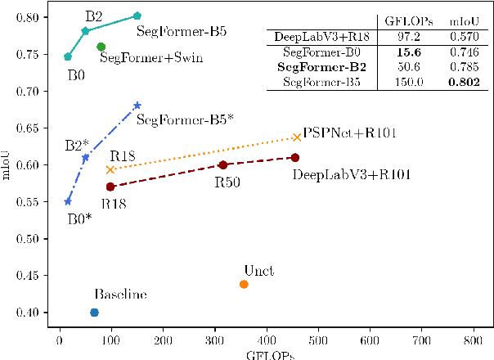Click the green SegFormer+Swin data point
[101, 47]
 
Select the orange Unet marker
[244, 284]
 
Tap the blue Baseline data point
[94, 313]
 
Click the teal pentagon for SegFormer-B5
[137, 16]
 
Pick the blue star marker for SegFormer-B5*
[137, 105]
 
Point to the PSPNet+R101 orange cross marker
[297, 137]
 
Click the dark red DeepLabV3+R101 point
[295, 157]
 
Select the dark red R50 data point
[223, 164]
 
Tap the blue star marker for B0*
[68, 201]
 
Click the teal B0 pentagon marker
[68, 56]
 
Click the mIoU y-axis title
[7, 164]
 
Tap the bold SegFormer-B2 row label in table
[321, 67]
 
